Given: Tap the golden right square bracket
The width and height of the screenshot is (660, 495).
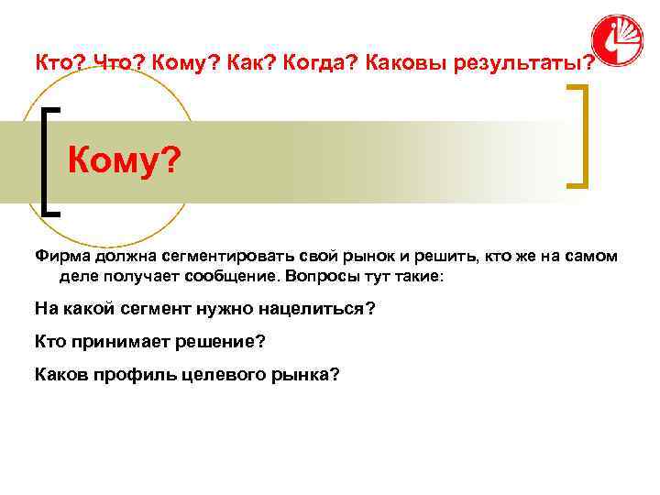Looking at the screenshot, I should tap(579, 136).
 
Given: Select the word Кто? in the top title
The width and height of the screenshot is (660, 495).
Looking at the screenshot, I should tap(54, 62).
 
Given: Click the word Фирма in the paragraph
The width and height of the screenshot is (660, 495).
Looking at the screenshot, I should tap(59, 258).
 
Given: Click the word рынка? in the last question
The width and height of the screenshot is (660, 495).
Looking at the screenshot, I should tap(301, 375).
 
